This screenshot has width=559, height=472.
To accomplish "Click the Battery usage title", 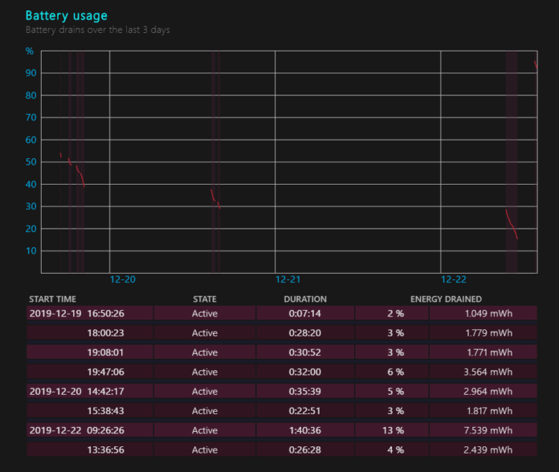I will pyautogui.click(x=66, y=15).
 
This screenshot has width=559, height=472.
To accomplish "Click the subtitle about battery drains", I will pyautogui.click(x=97, y=30).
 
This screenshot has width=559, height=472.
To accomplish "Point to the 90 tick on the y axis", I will pyautogui.click(x=31, y=73).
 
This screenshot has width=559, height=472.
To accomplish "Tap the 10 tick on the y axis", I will pyautogui.click(x=31, y=250).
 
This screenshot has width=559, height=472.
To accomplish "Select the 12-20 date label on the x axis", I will pyautogui.click(x=122, y=280).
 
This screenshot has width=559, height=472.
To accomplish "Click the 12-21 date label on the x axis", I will pyautogui.click(x=288, y=280).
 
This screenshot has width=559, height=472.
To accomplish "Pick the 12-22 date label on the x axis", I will pyautogui.click(x=454, y=280).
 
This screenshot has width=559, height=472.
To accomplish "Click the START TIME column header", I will pyautogui.click(x=52, y=299).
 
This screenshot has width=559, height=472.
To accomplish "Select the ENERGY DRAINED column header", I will pyautogui.click(x=446, y=299).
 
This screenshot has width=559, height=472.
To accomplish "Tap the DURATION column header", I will pyautogui.click(x=305, y=299).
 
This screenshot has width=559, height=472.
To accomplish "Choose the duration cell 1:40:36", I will pyautogui.click(x=305, y=430).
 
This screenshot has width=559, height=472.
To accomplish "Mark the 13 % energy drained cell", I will pyautogui.click(x=392, y=430).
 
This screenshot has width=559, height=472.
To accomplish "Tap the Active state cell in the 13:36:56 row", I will pyautogui.click(x=205, y=450).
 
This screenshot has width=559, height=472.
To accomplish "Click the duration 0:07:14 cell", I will pyautogui.click(x=305, y=313).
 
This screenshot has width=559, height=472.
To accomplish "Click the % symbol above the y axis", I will pyautogui.click(x=30, y=51).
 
